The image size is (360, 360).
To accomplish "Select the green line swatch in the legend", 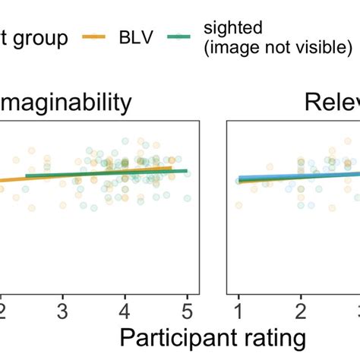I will point(187,36).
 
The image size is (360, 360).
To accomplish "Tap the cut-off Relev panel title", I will point(331,103).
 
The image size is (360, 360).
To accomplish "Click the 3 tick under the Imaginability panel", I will point(64,310).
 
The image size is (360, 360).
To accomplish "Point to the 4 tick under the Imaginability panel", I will point(125,310).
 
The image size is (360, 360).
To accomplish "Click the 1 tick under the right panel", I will point(238,310).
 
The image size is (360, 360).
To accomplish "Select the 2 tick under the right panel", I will point(300,310).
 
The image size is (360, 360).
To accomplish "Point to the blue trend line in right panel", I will point(304,176).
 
